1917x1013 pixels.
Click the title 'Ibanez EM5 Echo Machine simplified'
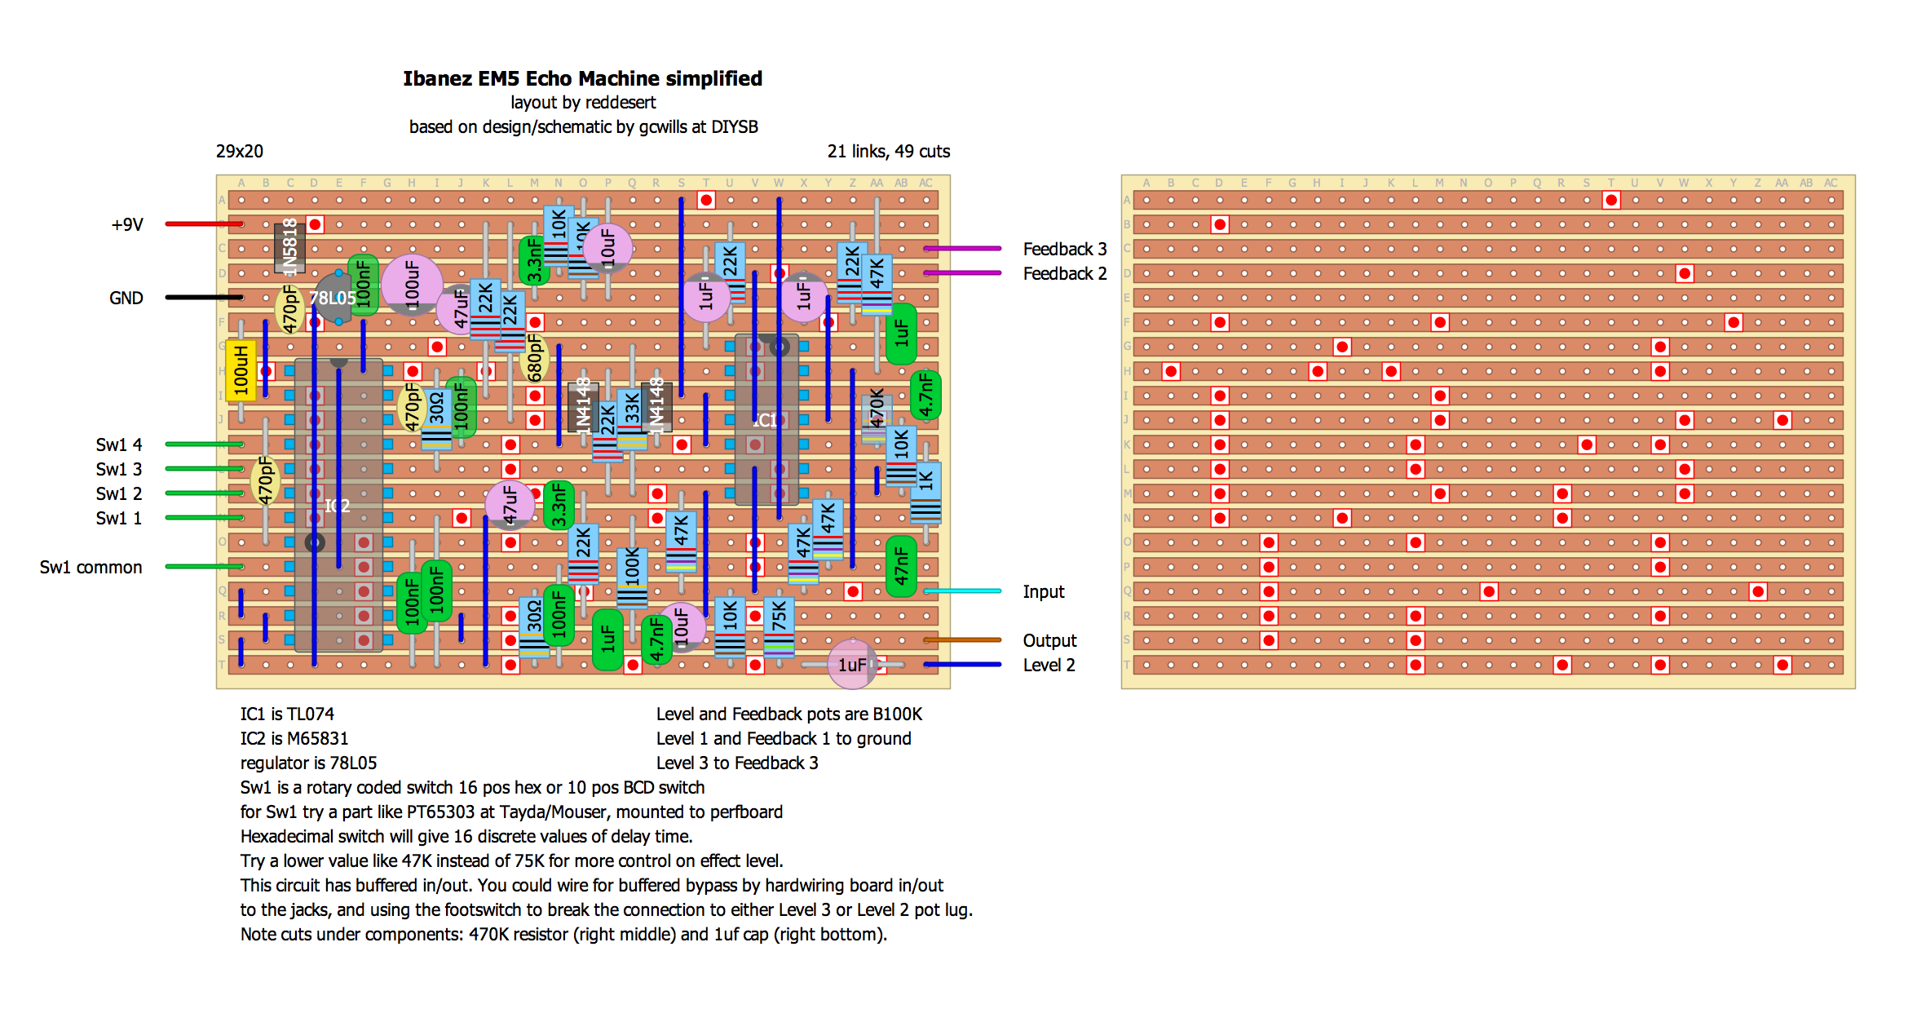[582, 78]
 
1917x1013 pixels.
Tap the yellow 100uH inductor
[241, 371]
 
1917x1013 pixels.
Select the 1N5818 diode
[289, 246]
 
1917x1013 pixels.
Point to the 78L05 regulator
[333, 299]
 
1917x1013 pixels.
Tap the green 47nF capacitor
[901, 566]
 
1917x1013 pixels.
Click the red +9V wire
[204, 223]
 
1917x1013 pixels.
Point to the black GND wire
[204, 297]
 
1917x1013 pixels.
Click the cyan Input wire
[962, 591]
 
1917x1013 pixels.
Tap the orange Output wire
[962, 639]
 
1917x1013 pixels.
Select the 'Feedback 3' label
[1064, 249]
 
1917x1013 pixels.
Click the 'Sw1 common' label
[91, 567]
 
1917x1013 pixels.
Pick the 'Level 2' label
[1049, 665]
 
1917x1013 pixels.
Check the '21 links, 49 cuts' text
[888, 151]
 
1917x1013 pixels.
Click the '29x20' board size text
[239, 151]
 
